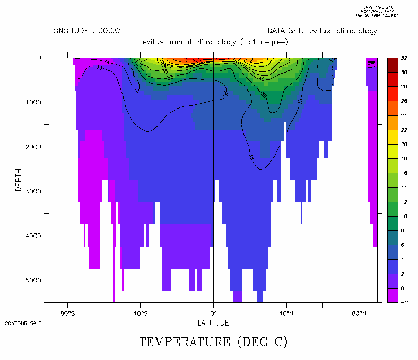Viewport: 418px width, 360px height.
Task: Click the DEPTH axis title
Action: pos(19,180)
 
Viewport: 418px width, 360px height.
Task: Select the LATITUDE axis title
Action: pos(213,323)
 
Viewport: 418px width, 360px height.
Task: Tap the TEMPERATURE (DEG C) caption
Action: pos(213,341)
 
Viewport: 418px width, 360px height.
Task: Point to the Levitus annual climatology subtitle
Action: pos(213,42)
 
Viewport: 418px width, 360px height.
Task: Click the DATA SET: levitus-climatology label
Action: pos(322,31)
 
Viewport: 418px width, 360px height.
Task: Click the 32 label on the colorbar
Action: pos(405,58)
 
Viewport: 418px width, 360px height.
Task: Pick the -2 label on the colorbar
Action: pos(405,302)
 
